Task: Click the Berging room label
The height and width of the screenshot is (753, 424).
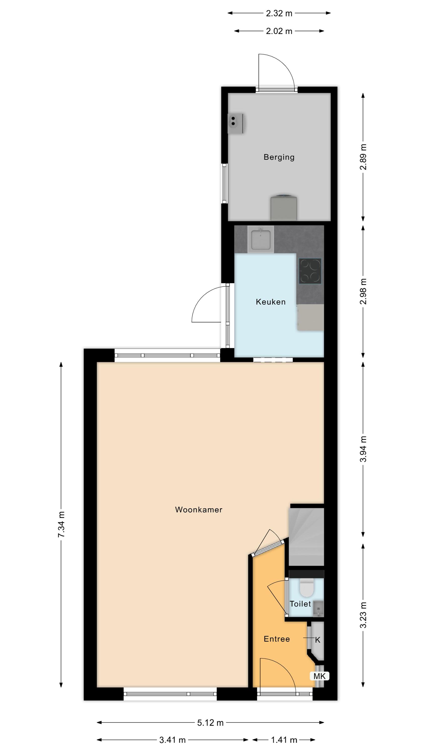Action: (x=279, y=157)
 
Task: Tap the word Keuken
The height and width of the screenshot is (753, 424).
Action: (x=271, y=302)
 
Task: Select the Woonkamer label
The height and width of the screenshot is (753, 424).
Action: (x=199, y=510)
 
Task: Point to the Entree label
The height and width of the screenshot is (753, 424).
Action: (x=277, y=639)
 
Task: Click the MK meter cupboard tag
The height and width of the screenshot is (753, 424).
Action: (x=319, y=676)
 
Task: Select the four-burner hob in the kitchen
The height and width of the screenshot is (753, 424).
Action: (x=310, y=271)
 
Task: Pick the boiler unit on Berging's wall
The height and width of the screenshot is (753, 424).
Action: (x=236, y=123)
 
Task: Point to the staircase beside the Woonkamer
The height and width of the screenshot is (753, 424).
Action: (x=306, y=537)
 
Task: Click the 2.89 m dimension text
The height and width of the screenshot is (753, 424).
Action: (x=363, y=157)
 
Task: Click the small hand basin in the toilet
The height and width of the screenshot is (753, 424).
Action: (x=318, y=609)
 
